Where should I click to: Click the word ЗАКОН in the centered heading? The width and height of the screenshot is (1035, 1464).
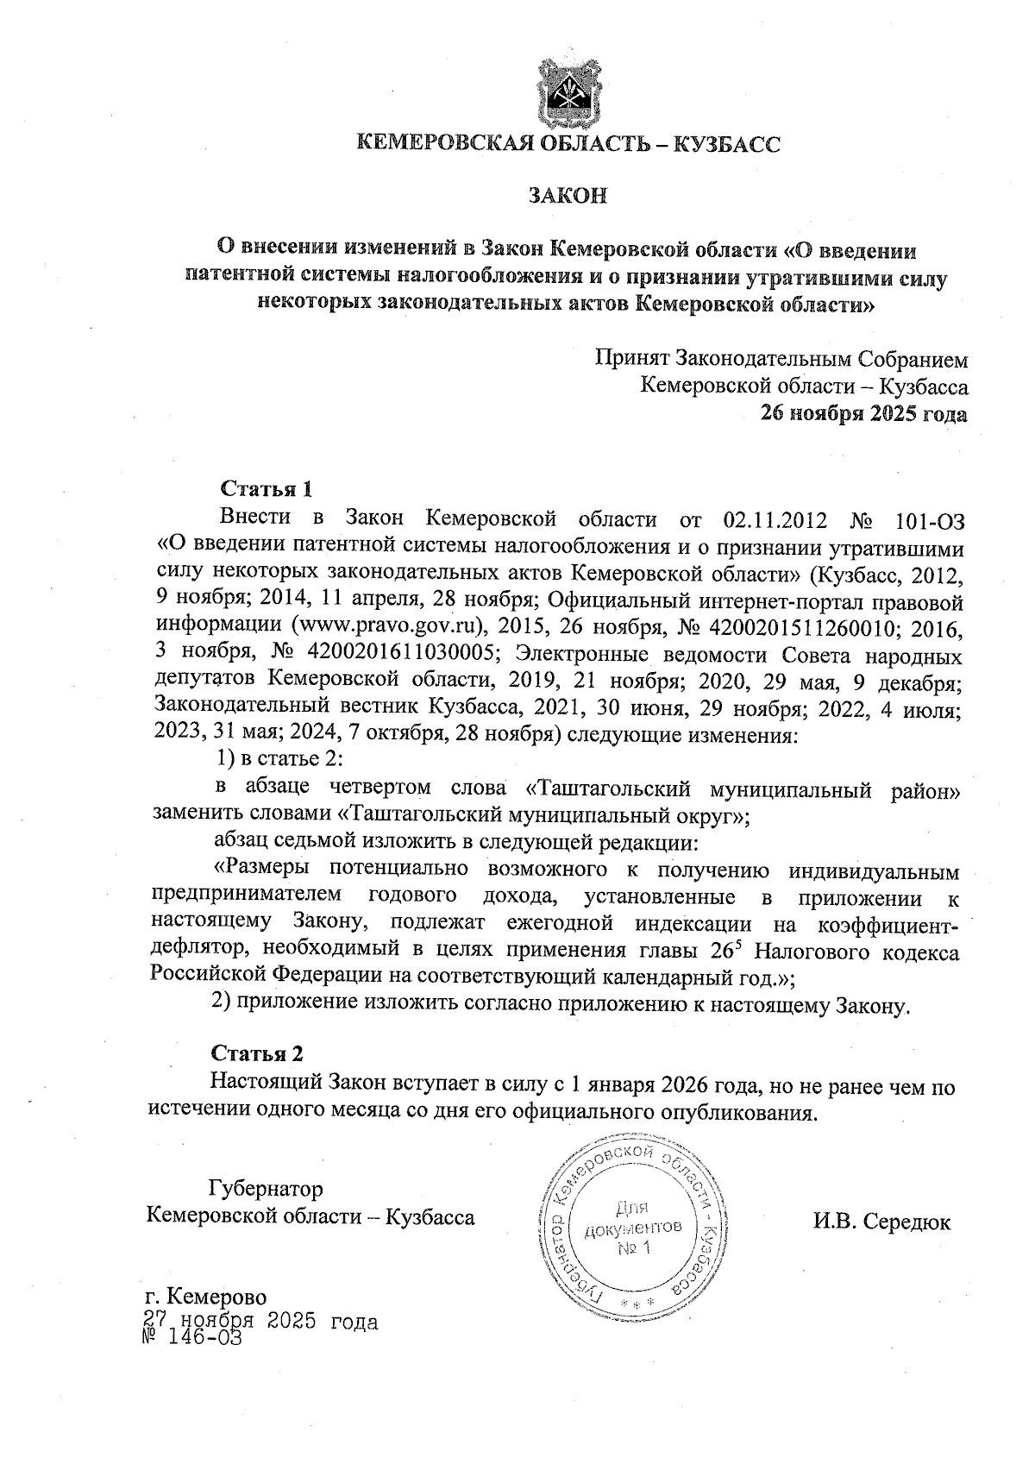(568, 196)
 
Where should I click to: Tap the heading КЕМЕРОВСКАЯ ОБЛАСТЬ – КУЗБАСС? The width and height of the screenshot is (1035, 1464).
(568, 144)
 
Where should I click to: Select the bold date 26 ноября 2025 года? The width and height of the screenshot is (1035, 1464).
(862, 414)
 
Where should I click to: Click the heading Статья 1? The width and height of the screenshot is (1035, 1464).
(266, 489)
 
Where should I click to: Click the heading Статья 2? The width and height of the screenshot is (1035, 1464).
(258, 1053)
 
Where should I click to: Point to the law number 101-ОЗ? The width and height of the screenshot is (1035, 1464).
(931, 521)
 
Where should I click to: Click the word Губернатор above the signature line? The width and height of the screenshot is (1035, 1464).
(266, 1190)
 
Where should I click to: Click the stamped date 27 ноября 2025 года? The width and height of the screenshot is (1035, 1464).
(260, 1321)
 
